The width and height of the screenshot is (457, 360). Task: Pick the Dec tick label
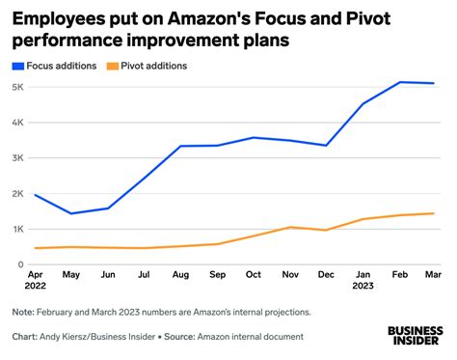coord(327,276)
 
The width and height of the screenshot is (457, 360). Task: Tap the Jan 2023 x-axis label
coord(363,281)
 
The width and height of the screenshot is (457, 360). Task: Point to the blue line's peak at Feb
coord(399,82)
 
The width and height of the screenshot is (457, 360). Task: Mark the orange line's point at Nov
coord(289,227)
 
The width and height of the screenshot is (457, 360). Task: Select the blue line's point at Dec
coord(327,146)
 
